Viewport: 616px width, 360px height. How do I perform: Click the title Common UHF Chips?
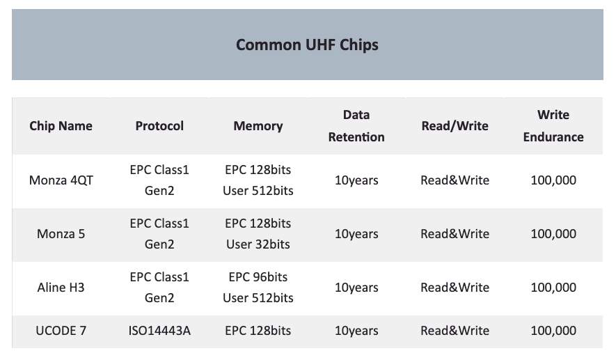click(307, 45)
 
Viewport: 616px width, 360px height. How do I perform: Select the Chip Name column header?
click(61, 126)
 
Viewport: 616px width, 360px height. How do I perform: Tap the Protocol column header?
click(159, 126)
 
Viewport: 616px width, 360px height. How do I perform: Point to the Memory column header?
click(258, 126)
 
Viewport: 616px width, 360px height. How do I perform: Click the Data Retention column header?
click(356, 126)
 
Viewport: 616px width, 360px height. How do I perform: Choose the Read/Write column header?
click(455, 126)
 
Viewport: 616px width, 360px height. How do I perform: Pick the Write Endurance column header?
click(553, 126)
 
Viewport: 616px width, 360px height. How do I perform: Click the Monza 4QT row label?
click(61, 180)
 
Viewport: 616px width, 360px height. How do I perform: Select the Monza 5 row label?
click(61, 234)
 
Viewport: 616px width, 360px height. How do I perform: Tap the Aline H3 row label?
click(61, 288)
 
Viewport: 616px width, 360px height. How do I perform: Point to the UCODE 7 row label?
click(61, 331)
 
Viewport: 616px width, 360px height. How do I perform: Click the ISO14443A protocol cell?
click(159, 331)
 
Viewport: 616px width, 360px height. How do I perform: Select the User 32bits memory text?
click(258, 244)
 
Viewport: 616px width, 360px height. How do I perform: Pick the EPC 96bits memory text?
click(258, 277)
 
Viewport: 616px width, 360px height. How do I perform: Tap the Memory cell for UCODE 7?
click(258, 331)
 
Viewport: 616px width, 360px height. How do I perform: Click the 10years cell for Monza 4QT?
click(356, 180)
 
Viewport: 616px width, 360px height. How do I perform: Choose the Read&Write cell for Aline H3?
click(455, 288)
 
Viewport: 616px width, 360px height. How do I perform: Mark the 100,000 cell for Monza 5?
click(553, 234)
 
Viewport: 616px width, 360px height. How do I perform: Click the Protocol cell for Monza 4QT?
click(159, 180)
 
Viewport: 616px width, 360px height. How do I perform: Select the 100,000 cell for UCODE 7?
click(553, 331)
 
